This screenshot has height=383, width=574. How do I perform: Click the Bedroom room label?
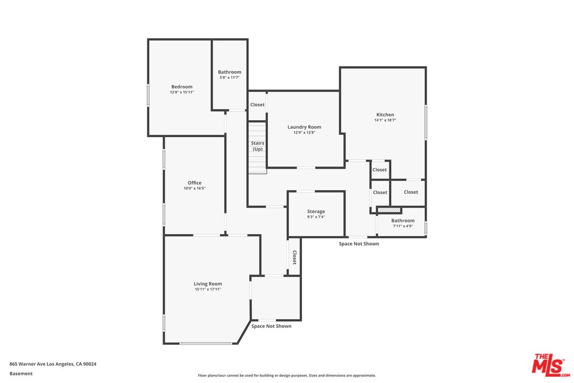182,87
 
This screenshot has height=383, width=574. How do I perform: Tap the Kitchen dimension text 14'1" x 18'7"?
385,120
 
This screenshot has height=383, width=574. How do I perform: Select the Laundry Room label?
304,127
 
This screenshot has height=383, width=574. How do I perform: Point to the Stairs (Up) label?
258,146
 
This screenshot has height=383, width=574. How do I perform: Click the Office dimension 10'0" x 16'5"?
195,188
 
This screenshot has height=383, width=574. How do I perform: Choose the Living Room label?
208,284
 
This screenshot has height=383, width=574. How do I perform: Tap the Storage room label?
316,212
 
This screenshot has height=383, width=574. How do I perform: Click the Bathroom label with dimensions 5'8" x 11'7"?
230,72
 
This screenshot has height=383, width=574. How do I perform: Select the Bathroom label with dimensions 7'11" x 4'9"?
403,221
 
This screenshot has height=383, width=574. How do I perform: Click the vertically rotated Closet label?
294,257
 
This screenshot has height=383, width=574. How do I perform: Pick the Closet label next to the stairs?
257,105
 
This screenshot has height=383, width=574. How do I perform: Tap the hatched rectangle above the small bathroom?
389,210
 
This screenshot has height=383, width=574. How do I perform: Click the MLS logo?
551,365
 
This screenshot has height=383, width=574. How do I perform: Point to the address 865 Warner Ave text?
53,364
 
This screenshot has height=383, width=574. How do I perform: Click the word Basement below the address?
21,373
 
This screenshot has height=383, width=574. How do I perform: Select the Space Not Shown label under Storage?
359,244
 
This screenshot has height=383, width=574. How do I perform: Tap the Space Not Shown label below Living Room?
271,326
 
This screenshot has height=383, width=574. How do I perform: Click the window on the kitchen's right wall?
426,122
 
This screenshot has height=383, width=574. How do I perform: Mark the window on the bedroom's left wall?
148,95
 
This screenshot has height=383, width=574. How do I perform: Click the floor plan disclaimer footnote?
286,376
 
